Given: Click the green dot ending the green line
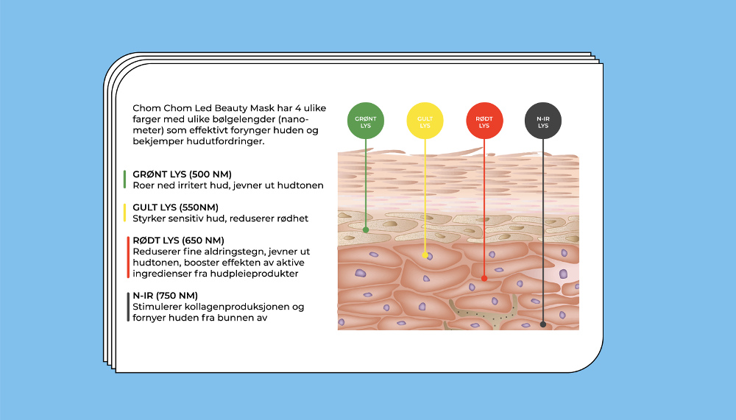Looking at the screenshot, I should pos(366,229).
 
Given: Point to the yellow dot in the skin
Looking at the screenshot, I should pos(425,255).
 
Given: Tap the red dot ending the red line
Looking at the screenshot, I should pos(484,278).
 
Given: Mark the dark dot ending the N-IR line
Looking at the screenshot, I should pos(543,324).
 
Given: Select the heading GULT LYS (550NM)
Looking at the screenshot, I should pos(175,207).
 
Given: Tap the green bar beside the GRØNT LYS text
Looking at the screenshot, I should pos(125,179).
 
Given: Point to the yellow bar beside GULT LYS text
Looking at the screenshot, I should pos(125,213).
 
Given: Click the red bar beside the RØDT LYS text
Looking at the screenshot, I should pos(128,257).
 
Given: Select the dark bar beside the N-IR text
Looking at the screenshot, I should pos(128,307).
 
